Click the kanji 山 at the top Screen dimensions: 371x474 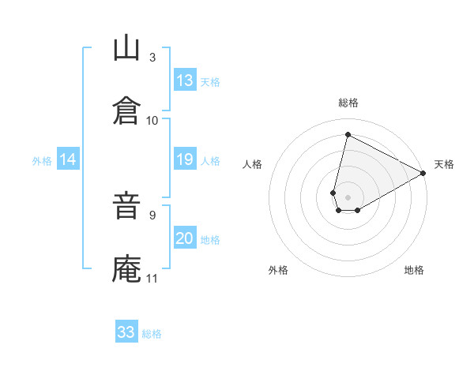click(x=126, y=49)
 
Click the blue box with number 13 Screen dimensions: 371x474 click(x=185, y=81)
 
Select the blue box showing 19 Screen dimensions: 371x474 click(x=185, y=159)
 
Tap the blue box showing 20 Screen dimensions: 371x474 click(x=185, y=238)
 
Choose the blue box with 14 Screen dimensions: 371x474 click(x=68, y=159)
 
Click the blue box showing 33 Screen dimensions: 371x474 click(x=126, y=332)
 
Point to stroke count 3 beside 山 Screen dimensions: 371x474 click(x=152, y=58)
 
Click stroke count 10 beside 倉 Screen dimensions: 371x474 click(x=152, y=120)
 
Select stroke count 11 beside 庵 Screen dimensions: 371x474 click(x=152, y=278)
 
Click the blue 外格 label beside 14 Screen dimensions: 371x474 click(x=42, y=160)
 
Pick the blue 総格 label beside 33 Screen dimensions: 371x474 click(x=152, y=334)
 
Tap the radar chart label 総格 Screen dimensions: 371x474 click(x=348, y=103)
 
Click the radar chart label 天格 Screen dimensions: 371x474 click(x=444, y=164)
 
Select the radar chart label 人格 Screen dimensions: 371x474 click(x=252, y=164)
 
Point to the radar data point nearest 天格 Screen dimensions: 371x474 click(x=424, y=174)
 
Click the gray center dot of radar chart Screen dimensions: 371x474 click(x=348, y=186)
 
